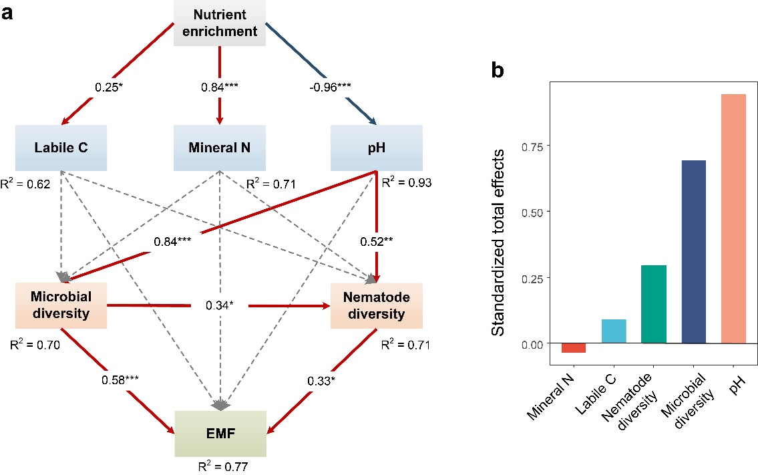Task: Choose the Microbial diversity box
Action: tap(61, 305)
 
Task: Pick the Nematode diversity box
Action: tap(376, 305)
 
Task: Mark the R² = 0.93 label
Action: tap(405, 183)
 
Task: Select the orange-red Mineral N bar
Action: tap(573, 348)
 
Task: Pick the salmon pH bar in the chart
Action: tap(733, 218)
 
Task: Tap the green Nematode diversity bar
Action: tap(653, 304)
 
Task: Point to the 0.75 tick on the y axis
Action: tap(533, 146)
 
